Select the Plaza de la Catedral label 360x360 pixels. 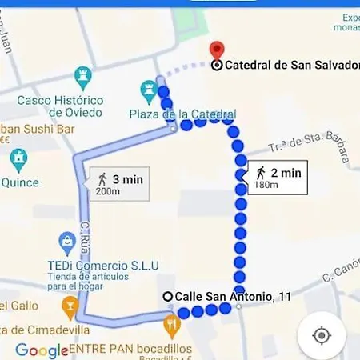click(182, 114)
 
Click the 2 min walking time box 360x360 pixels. click(278, 177)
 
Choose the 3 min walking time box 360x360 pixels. click(118, 183)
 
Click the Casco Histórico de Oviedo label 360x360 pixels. click(61, 106)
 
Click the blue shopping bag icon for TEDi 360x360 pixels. click(68, 240)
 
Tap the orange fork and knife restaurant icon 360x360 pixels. click(170, 325)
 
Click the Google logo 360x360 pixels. click(42, 350)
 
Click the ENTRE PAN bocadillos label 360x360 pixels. click(130, 349)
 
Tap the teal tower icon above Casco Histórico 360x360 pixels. click(82, 77)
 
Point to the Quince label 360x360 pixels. click(19, 182)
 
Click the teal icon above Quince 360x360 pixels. click(18, 161)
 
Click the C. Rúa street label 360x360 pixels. click(87, 236)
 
